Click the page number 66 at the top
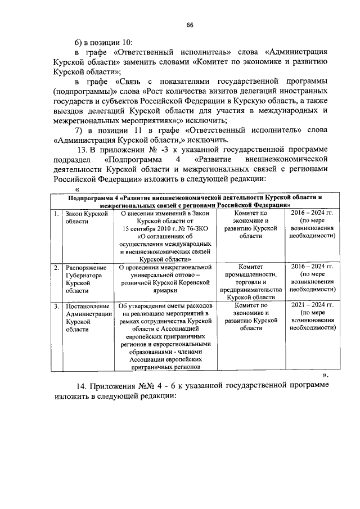(190, 25)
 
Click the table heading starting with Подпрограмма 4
(195, 201)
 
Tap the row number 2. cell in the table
(56, 267)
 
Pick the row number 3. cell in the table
(56, 306)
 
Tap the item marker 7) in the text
(80, 130)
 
